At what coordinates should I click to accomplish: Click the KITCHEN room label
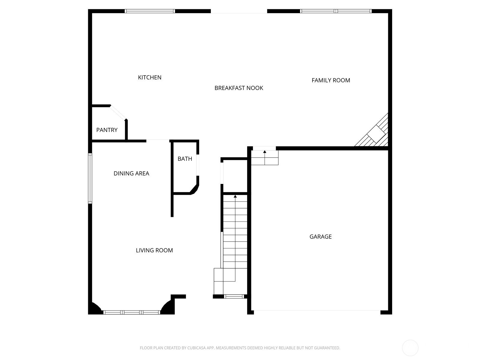point(150,77)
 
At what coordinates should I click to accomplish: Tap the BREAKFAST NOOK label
point(238,88)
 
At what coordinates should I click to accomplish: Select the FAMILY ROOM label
point(331,80)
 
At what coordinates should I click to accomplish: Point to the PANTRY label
point(107,130)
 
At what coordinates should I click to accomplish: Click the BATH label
point(185,159)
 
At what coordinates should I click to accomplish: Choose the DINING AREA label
point(131,174)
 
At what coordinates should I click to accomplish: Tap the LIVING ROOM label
point(154,250)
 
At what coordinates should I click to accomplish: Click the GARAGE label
point(320,236)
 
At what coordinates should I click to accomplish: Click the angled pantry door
point(118,113)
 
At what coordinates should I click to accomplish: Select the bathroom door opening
point(198,165)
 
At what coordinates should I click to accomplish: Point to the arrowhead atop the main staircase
point(235,196)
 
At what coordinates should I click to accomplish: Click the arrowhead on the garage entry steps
point(265,152)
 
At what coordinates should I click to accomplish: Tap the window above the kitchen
point(150,11)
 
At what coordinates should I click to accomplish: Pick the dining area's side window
point(90,178)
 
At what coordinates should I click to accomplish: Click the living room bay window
point(132,312)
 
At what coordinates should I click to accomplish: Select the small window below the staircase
point(234,297)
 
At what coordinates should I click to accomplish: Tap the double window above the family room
point(336,11)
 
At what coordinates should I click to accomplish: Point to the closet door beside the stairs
point(222,173)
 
